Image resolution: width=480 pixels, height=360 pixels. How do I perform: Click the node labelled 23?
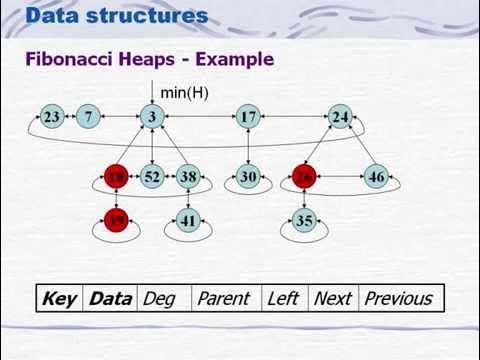52,117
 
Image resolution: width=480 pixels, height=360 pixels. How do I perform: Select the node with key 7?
89,117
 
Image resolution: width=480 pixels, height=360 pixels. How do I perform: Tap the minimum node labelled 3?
152,117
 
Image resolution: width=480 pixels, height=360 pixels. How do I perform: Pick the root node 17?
248,117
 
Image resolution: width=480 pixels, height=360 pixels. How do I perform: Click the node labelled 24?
341,117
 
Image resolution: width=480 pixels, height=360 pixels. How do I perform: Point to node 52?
152,177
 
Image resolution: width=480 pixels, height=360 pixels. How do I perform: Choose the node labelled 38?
188,177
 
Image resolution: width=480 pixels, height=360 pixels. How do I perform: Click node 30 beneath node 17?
248,177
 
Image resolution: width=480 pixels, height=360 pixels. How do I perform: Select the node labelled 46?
376,177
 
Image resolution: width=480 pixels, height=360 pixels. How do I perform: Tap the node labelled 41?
188,221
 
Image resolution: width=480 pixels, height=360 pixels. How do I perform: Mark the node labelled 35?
305,221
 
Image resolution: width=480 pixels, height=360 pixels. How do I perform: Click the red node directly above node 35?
305,177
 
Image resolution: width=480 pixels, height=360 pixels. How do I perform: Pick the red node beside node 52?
118,177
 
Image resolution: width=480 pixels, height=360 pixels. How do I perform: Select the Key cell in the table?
60,298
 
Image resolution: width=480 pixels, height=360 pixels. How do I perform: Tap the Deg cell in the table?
160,298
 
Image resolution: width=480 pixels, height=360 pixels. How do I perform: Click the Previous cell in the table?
398,298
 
